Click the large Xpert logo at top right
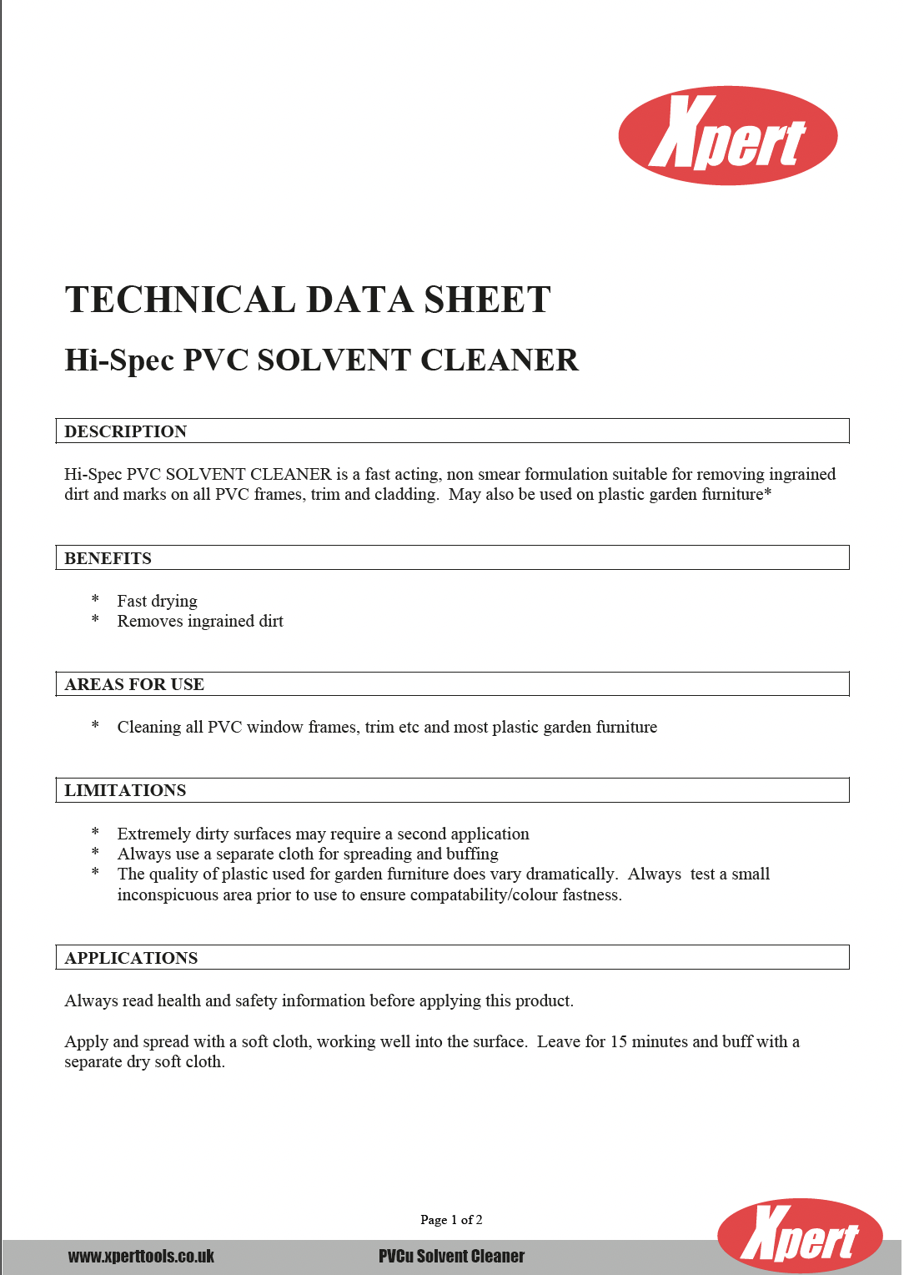pos(727,135)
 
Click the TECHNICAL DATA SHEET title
pos(308,300)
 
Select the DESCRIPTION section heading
pos(125,431)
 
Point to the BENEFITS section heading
pos(108,558)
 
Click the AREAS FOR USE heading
pos(134,684)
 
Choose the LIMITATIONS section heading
pos(125,790)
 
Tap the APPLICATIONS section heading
pos(131,958)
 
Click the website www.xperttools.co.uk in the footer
pos(141,1256)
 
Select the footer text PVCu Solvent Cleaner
pos(451,1256)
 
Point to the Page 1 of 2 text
pos(451,1220)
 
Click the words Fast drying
pos(157,601)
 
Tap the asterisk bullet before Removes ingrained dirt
pos(95,620)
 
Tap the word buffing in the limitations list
pos(472,854)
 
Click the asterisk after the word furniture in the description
pos(768,493)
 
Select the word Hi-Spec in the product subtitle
pos(119,360)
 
